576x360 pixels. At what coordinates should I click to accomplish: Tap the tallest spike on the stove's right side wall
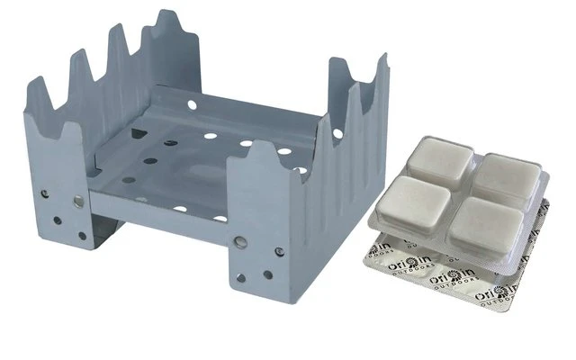click(x=382, y=59)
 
